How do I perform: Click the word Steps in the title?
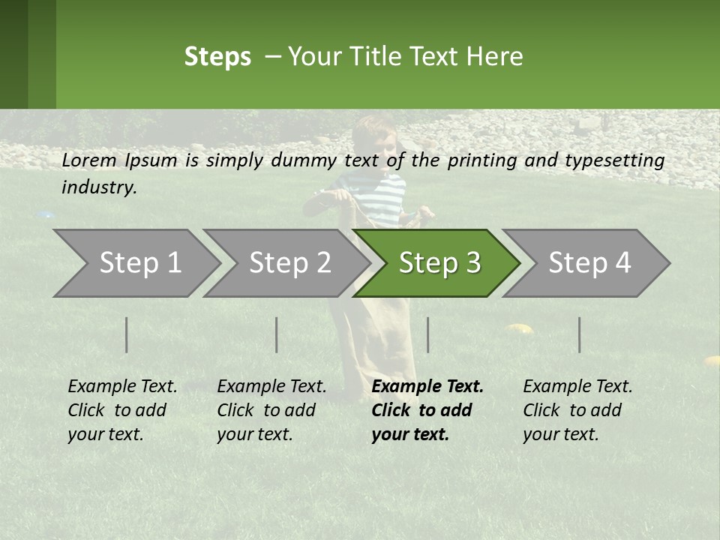[x=217, y=57]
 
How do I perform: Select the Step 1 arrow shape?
[x=135, y=263]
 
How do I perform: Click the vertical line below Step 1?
[x=127, y=334]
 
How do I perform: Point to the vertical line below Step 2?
[x=277, y=334]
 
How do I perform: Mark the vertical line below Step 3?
[x=427, y=334]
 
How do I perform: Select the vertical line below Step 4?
[x=579, y=334]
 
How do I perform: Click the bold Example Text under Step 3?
[x=427, y=387]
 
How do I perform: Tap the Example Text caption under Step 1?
[x=122, y=387]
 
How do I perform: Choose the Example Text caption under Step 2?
[x=271, y=387]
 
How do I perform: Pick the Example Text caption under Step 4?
[x=577, y=387]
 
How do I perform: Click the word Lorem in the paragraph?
[x=89, y=160]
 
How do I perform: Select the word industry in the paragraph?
[x=98, y=187]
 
